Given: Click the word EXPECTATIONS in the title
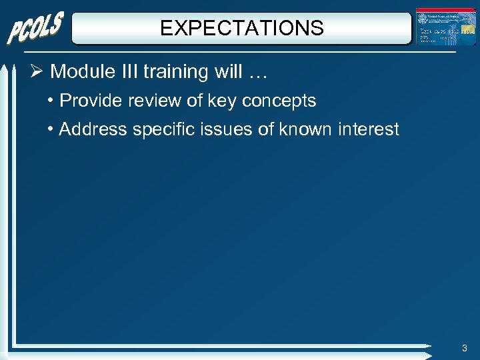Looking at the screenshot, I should click(x=242, y=28).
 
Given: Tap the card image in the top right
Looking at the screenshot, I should click(x=446, y=27).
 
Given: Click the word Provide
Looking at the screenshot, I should click(x=88, y=101).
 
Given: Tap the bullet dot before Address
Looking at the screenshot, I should click(x=51, y=129).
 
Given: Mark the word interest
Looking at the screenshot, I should click(x=370, y=129).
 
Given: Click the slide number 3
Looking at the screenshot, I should click(x=465, y=349).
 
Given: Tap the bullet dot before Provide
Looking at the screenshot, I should click(x=51, y=101).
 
